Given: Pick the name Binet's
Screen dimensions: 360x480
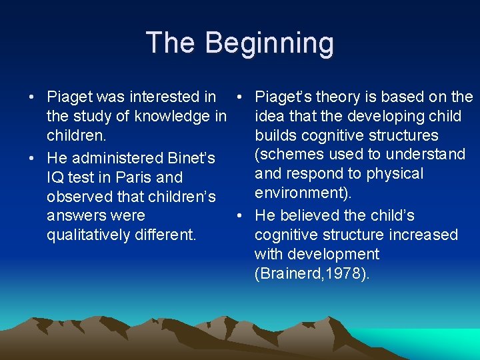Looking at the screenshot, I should [190, 159].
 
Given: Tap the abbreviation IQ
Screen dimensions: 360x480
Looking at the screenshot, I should [55, 178].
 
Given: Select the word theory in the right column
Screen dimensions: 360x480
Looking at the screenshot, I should [338, 97].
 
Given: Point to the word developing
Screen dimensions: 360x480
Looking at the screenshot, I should [388, 117].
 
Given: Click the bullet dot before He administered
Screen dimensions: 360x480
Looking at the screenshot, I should [32, 159].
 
